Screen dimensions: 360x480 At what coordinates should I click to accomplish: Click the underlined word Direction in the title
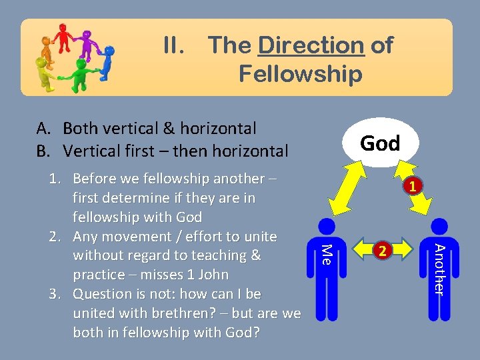point(311,45)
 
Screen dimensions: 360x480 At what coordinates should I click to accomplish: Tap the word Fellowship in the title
point(300,73)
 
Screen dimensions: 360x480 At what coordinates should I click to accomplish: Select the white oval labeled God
point(379,143)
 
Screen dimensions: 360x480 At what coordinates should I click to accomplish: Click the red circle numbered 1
point(413,187)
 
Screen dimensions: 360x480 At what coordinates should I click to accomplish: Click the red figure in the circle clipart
point(64,37)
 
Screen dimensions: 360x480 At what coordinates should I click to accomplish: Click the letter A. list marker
point(43,128)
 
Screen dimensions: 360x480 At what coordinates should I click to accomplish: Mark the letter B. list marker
point(43,151)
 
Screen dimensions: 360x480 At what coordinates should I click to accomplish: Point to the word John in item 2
point(213,275)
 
